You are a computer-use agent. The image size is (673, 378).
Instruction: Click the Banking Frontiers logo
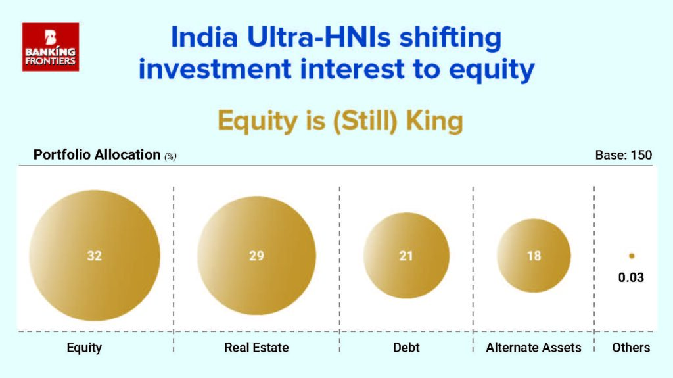pyautogui.click(x=51, y=47)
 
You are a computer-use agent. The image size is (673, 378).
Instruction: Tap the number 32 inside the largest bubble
pyautogui.click(x=95, y=256)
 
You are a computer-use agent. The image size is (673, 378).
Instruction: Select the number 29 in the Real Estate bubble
pyautogui.click(x=257, y=256)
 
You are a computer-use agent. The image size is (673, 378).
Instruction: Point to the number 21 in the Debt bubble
pyautogui.click(x=406, y=256)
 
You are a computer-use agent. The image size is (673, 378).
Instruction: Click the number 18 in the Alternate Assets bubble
pyautogui.click(x=534, y=256)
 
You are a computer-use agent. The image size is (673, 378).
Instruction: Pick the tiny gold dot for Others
pyautogui.click(x=632, y=256)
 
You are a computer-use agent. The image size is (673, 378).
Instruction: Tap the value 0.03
pyautogui.click(x=631, y=277)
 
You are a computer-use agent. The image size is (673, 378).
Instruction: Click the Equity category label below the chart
pyautogui.click(x=84, y=348)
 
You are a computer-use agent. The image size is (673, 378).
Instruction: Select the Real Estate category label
pyautogui.click(x=256, y=348)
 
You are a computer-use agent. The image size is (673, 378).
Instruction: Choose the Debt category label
pyautogui.click(x=406, y=348)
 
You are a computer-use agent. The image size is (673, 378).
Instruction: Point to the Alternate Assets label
pyautogui.click(x=534, y=348)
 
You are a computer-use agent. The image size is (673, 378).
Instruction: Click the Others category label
pyautogui.click(x=631, y=348)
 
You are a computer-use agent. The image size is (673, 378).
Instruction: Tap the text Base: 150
pyautogui.click(x=624, y=155)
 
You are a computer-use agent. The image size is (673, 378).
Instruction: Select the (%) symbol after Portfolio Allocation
pyautogui.click(x=170, y=156)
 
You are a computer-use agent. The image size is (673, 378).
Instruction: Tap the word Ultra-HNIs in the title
pyautogui.click(x=319, y=37)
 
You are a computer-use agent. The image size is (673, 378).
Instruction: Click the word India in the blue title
pyautogui.click(x=204, y=37)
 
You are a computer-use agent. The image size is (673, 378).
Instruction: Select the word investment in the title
pyautogui.click(x=215, y=69)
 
